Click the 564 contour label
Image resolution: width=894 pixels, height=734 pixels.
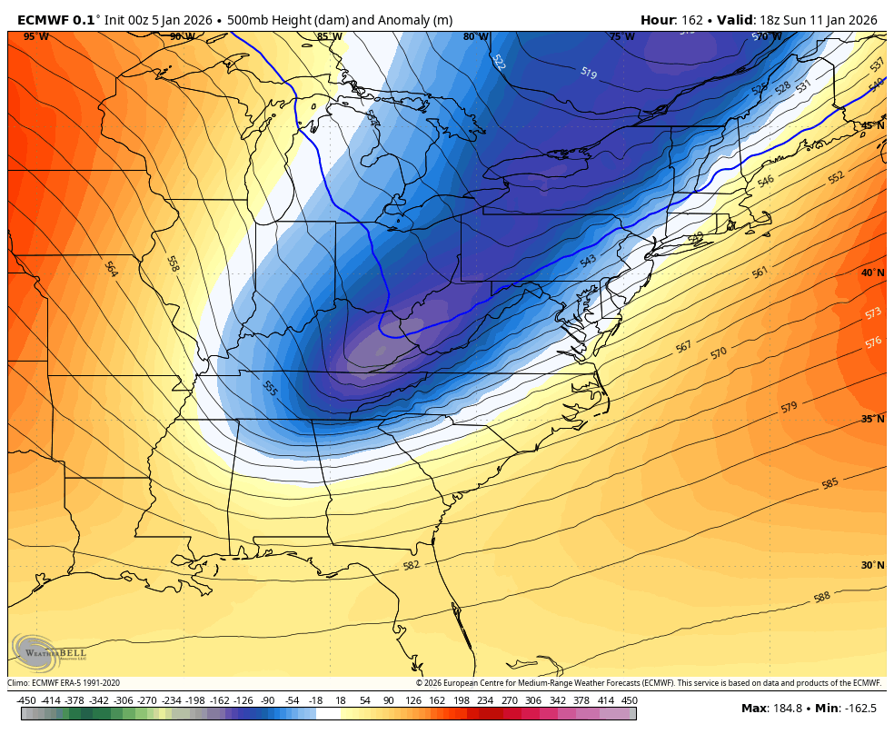point(111,269)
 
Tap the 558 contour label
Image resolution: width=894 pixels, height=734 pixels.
point(173,263)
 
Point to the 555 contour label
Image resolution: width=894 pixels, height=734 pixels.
point(270,388)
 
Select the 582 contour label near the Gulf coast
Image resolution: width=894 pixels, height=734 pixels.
point(411,566)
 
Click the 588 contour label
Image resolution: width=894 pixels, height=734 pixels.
point(821,597)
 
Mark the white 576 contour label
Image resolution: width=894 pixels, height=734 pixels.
point(873,342)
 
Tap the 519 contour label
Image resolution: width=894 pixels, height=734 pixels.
point(588,73)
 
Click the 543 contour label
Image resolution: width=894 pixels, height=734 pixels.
point(588,261)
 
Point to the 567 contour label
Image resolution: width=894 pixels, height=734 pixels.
point(683,346)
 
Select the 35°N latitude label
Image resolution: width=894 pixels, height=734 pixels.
point(871,419)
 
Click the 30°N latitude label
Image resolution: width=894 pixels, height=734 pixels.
point(871,565)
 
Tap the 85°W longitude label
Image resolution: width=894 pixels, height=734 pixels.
point(329,37)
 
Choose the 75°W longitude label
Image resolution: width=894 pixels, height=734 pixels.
point(621,37)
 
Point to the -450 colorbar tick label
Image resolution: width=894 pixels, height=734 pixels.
point(26,700)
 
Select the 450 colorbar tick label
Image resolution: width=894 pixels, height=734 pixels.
point(630,700)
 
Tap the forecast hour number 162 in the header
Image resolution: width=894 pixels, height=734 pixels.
point(710,20)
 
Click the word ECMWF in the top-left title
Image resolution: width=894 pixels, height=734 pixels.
point(43,20)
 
